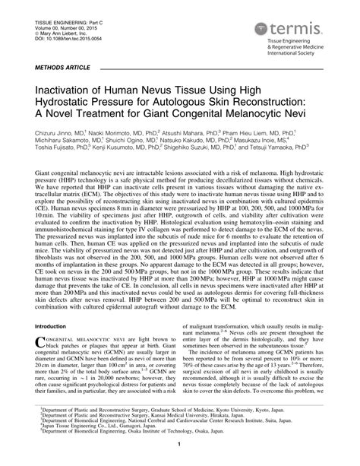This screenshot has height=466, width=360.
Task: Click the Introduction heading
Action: click(51, 326)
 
